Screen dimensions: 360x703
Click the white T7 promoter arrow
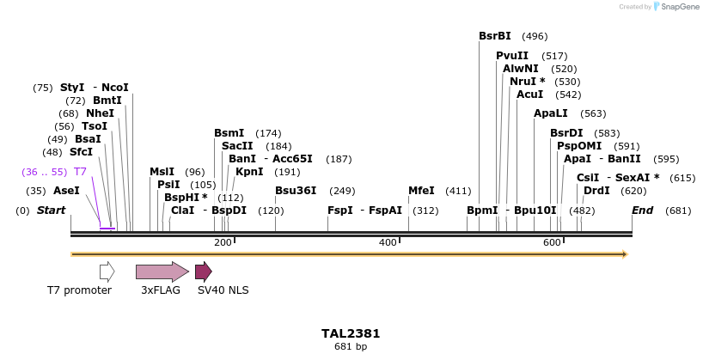[107, 272]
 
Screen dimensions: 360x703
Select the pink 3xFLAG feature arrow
[162, 272]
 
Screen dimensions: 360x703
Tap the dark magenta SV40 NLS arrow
[203, 272]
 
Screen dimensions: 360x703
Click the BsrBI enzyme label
[495, 36]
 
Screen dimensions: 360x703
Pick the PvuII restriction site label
[512, 56]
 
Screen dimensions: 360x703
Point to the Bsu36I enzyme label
[296, 191]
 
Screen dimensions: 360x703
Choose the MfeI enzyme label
[421, 191]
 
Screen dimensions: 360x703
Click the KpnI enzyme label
[249, 172]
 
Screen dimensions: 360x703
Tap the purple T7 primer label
[80, 172]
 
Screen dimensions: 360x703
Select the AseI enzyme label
[66, 191]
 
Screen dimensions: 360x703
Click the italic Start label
[51, 211]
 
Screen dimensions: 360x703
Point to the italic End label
[642, 211]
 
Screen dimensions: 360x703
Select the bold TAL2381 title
[351, 333]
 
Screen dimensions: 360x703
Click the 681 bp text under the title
[351, 347]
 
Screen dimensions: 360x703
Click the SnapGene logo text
[680, 7]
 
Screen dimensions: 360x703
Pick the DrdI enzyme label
[596, 191]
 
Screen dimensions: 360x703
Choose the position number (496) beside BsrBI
[535, 36]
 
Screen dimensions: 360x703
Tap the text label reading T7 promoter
[79, 290]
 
